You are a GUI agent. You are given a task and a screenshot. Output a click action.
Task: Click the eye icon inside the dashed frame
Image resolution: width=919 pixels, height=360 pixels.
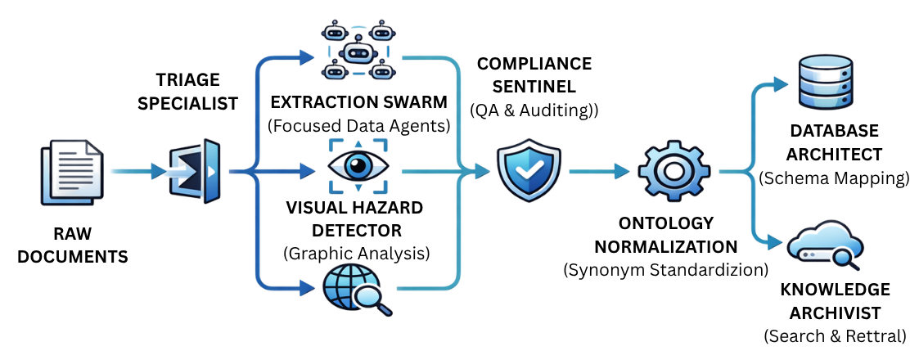tap(358, 167)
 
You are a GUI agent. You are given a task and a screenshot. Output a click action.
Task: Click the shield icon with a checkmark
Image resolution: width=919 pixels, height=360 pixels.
tap(529, 169)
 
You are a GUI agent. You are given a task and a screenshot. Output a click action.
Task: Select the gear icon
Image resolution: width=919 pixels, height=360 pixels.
tap(673, 170)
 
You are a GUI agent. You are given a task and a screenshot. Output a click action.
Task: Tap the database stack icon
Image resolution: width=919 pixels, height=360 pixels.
tap(823, 82)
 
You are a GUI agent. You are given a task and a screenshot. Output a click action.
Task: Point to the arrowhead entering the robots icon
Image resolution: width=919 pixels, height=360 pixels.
tap(307, 56)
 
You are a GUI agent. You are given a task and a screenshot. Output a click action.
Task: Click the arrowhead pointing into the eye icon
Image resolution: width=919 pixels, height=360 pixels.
tap(307, 171)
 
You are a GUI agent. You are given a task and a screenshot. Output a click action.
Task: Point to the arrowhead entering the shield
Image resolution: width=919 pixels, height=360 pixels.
tap(484, 171)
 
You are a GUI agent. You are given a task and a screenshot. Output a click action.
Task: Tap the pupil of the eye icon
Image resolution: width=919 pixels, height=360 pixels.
tap(358, 167)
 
